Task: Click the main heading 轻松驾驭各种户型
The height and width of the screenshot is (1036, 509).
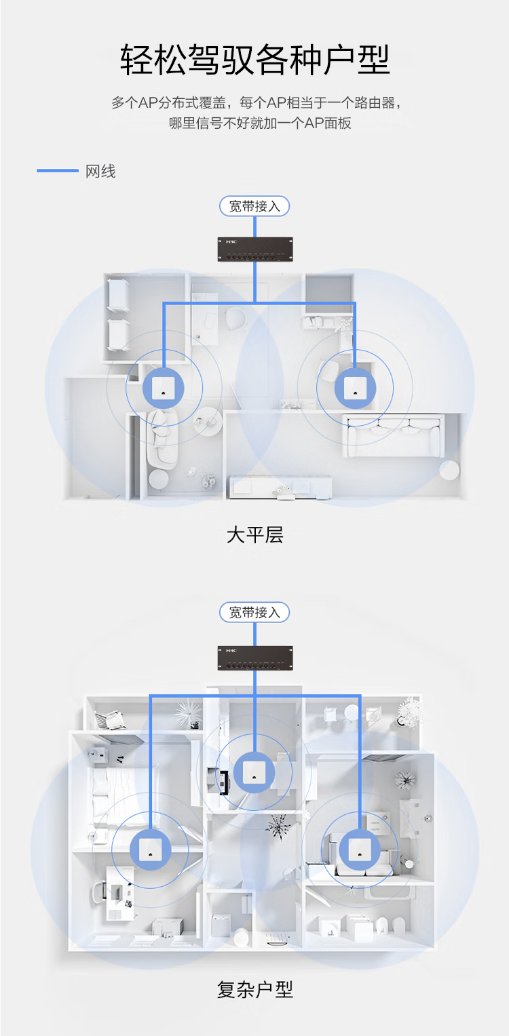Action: click(254, 60)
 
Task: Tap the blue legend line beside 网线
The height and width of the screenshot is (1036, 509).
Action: click(58, 171)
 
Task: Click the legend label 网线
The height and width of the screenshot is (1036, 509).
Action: click(100, 172)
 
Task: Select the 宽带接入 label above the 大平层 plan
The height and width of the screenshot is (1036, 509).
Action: click(254, 206)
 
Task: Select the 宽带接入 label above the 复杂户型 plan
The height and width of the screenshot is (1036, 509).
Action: click(254, 612)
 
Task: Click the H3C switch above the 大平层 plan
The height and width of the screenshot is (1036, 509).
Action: click(255, 250)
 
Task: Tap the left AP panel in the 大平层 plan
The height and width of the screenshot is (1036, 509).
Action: click(163, 388)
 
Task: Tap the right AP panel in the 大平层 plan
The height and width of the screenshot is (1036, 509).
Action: click(355, 388)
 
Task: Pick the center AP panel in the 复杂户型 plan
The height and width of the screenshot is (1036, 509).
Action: click(254, 772)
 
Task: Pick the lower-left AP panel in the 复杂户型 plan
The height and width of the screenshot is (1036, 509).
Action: click(151, 850)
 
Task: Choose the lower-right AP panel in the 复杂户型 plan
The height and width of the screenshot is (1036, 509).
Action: click(360, 850)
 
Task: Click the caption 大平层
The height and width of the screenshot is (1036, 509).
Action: click(254, 535)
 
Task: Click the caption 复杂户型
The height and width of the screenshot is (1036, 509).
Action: click(254, 989)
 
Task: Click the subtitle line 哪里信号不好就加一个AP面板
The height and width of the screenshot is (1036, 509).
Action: click(260, 123)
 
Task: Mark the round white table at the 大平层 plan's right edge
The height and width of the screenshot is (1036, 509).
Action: click(449, 471)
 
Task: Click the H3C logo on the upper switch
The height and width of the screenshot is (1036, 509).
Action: click(231, 242)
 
